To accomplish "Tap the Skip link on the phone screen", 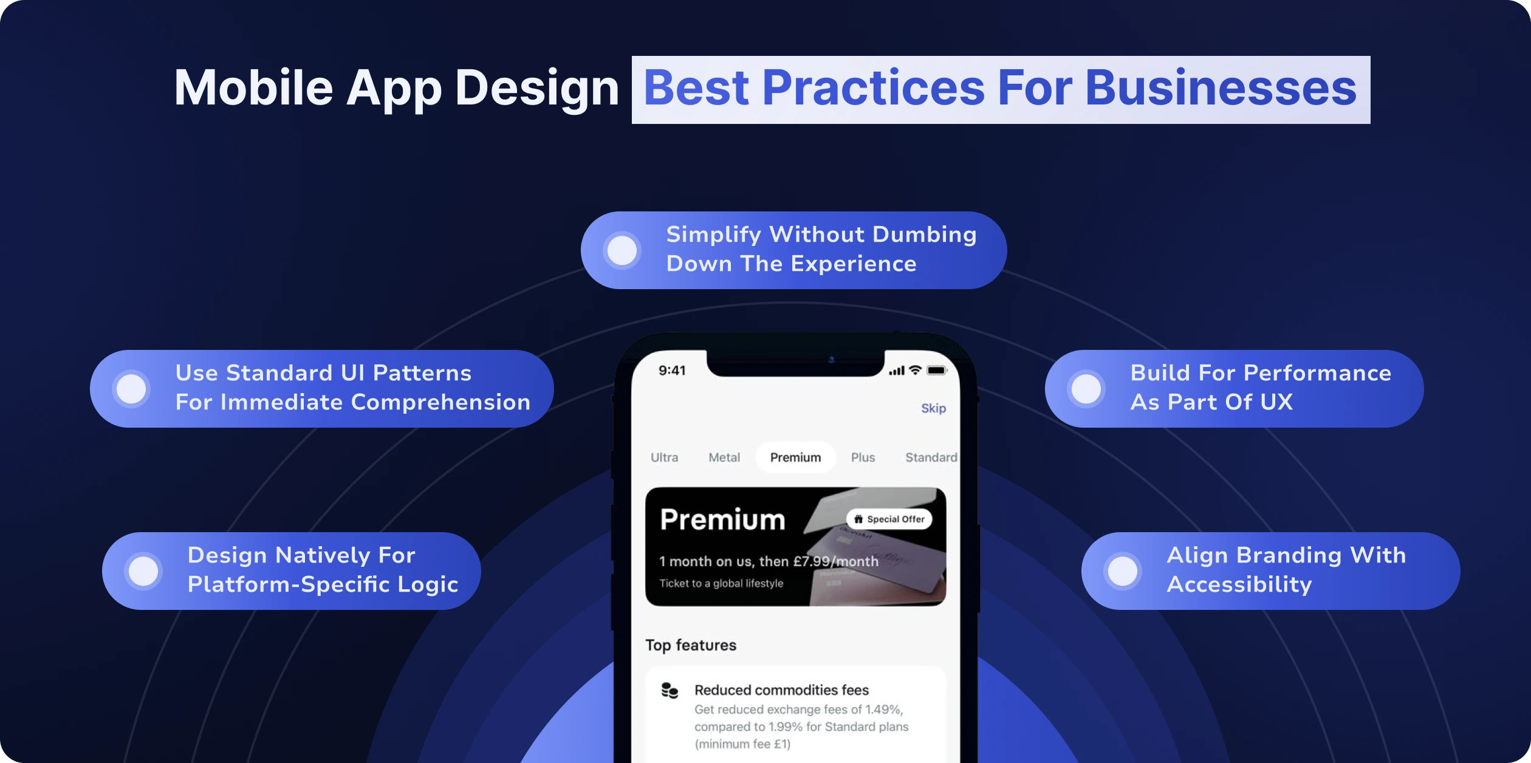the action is coord(933,408).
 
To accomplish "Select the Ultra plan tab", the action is coord(664,457).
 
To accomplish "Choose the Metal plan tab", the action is coord(724,457).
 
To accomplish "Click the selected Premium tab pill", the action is coord(795,457).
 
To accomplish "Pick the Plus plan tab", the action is coord(863,457).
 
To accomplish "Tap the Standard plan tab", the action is coord(931,457).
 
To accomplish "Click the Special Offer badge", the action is coord(889,519).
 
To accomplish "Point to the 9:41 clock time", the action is coord(672,371).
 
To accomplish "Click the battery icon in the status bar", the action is coord(937,371).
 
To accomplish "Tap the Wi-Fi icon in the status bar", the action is coord(915,370).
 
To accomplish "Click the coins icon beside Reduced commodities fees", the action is coord(670,691).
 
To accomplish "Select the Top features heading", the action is coord(691,645).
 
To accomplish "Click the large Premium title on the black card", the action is coord(722,519).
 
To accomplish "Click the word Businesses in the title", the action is coord(1221,88).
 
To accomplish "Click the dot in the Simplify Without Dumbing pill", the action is coord(622,250).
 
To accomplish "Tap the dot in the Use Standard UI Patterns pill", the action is coord(131,389).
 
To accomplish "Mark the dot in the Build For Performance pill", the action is coord(1086,389).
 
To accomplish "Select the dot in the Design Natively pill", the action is coord(143,571).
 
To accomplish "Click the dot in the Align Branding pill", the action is coord(1123,571).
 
